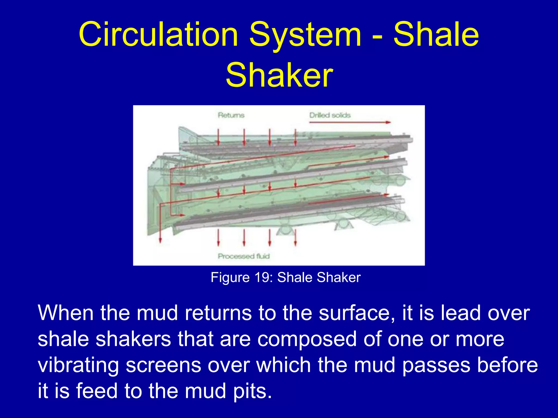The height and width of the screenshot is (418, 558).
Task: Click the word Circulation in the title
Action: pyautogui.click(x=158, y=35)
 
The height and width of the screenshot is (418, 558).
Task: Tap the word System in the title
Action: pyautogui.click(x=305, y=35)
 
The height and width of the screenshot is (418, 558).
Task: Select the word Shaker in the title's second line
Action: pyautogui.click(x=279, y=75)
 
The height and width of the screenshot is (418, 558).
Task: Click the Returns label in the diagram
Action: pyautogui.click(x=231, y=115)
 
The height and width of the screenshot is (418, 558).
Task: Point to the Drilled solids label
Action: pyautogui.click(x=330, y=115)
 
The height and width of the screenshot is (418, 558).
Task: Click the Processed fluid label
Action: pyautogui.click(x=244, y=256)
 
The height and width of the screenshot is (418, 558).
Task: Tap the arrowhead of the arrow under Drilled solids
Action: pyautogui.click(x=388, y=122)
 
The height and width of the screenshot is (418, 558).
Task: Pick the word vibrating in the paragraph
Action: pyautogui.click(x=78, y=365)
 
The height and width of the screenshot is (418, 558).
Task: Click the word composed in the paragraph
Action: pyautogui.click(x=307, y=339)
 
